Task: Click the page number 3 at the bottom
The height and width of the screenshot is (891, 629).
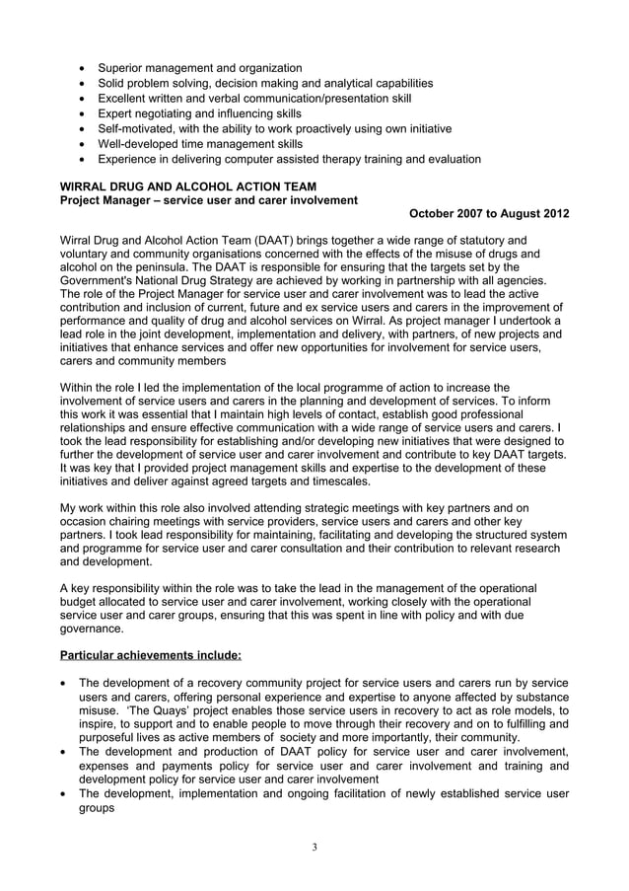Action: (314, 847)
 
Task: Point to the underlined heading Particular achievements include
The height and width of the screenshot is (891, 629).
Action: (150, 654)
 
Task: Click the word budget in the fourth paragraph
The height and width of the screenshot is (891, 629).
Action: (83, 600)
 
